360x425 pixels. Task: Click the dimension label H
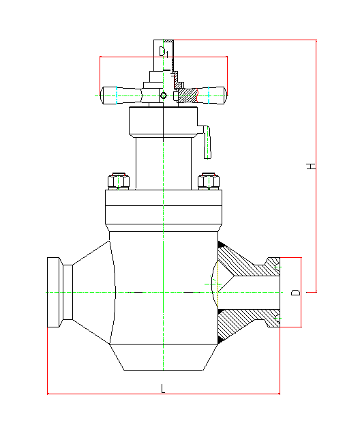[311, 166]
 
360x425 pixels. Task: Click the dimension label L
[163, 389]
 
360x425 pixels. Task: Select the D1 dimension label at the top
[164, 52]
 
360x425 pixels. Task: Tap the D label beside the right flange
[295, 293]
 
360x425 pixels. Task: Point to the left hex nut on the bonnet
[119, 181]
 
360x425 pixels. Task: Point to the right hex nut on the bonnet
[209, 181]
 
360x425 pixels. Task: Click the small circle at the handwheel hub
[164, 96]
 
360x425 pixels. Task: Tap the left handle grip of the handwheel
[121, 96]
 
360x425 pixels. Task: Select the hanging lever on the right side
[207, 142]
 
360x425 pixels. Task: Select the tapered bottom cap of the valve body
[164, 357]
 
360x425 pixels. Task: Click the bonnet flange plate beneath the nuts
[164, 207]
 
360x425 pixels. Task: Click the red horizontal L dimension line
[164, 394]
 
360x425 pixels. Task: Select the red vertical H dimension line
[316, 166]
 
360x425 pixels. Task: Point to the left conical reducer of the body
[92, 292]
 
